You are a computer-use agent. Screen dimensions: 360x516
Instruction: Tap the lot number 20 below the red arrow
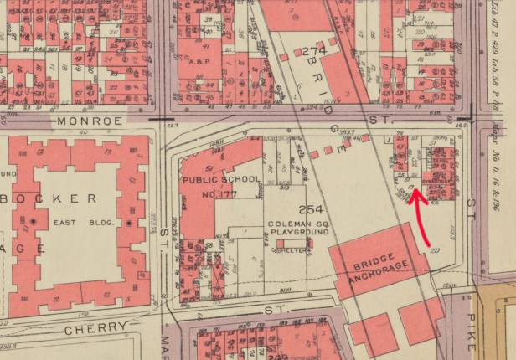click(434, 248)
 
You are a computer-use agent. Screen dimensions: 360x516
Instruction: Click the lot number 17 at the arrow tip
click(410, 177)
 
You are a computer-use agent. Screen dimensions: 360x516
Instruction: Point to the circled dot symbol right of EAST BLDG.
click(128, 224)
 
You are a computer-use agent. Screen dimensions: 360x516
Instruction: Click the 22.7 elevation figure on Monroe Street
click(175, 126)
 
